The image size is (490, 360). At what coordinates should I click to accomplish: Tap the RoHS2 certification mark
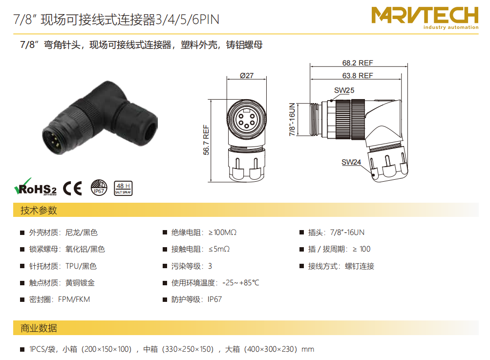[x=35, y=187]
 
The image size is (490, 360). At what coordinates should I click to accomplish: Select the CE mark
[x=72, y=188]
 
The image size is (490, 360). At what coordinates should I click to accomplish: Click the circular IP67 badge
[x=99, y=188]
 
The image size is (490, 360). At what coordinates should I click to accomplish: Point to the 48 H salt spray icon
[x=123, y=189]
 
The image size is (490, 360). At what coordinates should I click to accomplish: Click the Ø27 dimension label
[x=247, y=76]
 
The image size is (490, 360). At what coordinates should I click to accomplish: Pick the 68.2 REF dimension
[x=358, y=63]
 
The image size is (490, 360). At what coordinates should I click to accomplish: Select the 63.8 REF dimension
[x=358, y=76]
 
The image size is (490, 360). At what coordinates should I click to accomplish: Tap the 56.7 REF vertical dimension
[x=206, y=140]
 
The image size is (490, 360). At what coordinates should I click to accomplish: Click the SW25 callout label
[x=344, y=90]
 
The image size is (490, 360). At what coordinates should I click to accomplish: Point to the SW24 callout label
[x=351, y=162]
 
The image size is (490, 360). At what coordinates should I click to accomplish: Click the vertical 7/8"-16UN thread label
[x=292, y=119]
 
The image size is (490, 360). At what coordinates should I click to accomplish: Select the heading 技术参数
[x=39, y=211]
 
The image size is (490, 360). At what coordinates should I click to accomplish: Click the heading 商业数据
[x=39, y=328]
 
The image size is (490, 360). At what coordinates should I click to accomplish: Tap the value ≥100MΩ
[x=222, y=233]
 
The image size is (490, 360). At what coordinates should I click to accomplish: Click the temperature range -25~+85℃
[x=241, y=283]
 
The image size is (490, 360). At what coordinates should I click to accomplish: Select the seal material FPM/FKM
[x=74, y=299]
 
